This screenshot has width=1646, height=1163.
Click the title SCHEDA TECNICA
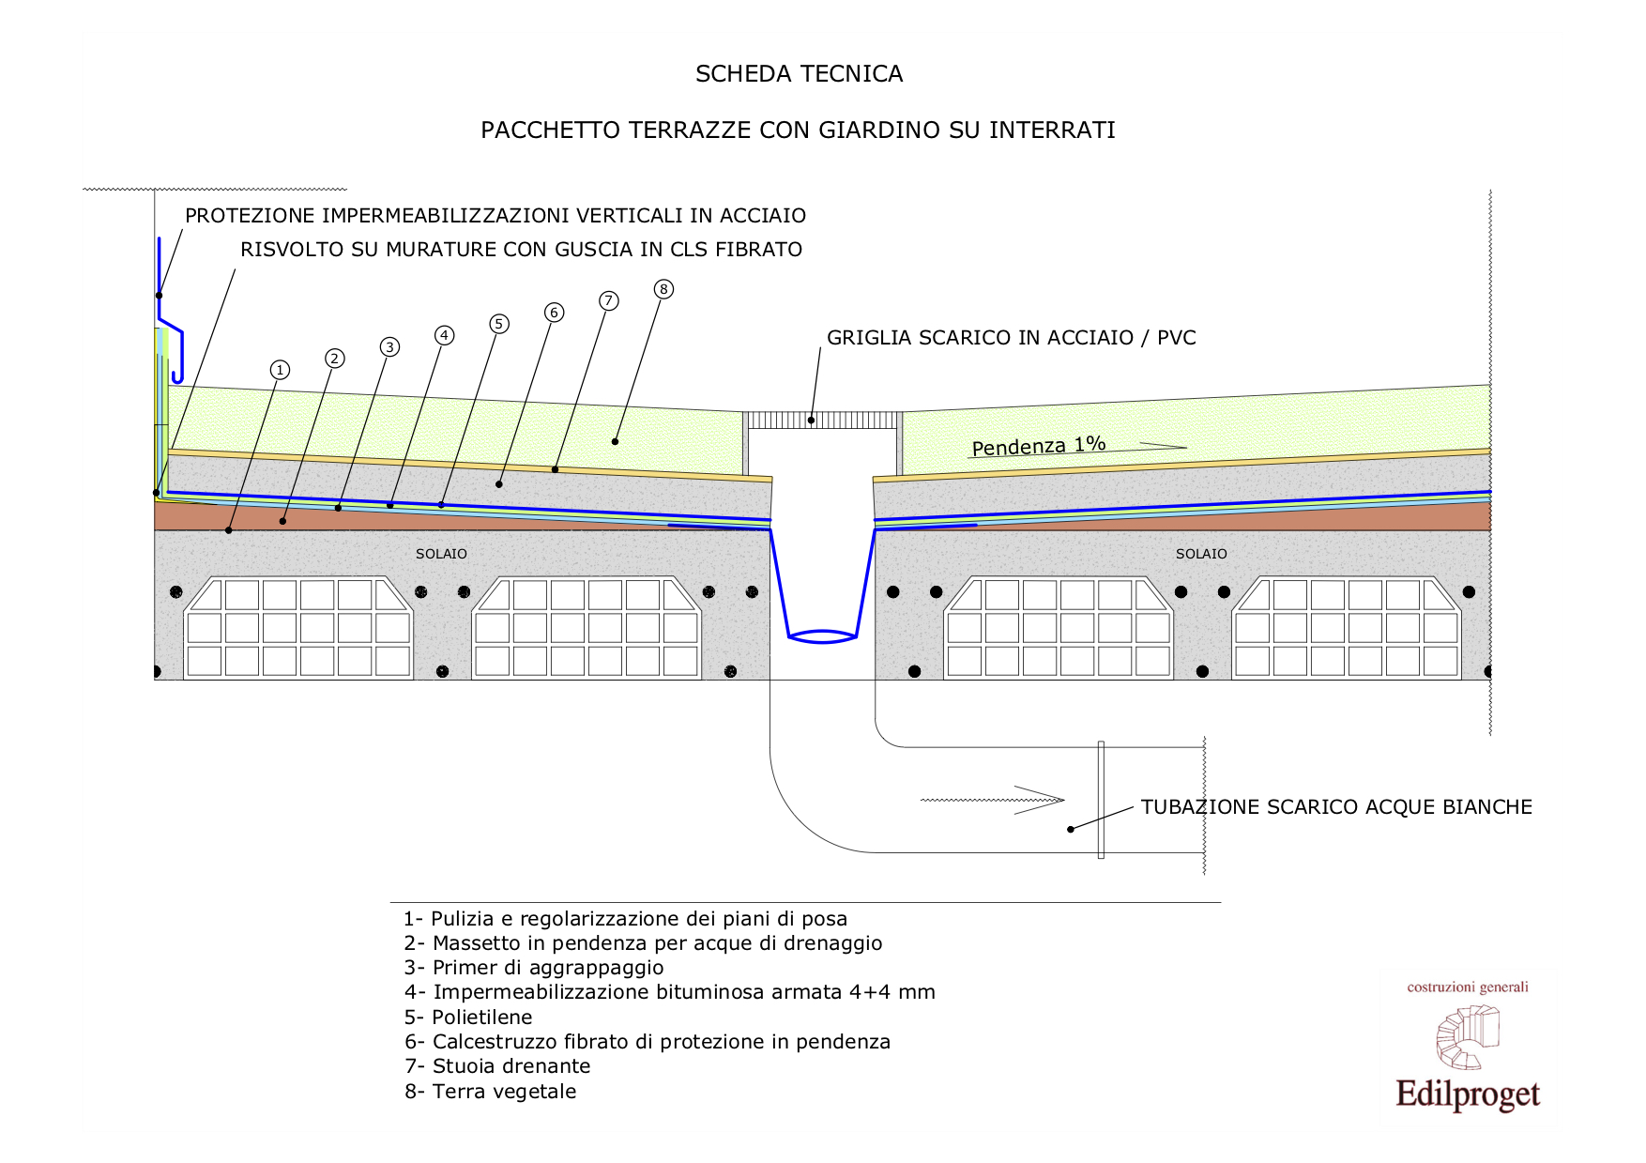(x=799, y=74)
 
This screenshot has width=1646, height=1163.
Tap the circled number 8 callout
(x=663, y=289)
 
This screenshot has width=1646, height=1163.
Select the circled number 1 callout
(x=279, y=370)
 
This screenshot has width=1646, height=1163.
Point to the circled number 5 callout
(x=499, y=324)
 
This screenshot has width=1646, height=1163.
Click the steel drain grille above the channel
(x=822, y=419)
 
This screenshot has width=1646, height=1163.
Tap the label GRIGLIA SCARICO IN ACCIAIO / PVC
(x=1012, y=338)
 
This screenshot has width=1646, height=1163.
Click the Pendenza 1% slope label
(x=1039, y=446)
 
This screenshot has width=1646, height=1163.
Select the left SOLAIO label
(x=441, y=554)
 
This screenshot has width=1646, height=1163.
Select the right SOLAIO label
(x=1201, y=554)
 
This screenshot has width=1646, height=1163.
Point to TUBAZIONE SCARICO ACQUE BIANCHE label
(x=1336, y=807)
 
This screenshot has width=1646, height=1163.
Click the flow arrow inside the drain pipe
(x=992, y=800)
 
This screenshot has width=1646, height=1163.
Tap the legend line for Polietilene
(x=468, y=1018)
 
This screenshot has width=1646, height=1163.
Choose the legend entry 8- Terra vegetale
(x=491, y=1092)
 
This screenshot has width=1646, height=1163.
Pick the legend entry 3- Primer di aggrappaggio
(x=534, y=968)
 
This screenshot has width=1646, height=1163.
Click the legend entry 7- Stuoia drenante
(x=497, y=1066)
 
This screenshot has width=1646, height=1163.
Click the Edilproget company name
(x=1468, y=1095)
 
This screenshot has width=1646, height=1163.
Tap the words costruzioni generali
(x=1468, y=987)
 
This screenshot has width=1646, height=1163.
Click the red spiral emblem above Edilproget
(x=1468, y=1037)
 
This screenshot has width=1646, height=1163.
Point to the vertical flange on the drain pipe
(x=1101, y=800)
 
